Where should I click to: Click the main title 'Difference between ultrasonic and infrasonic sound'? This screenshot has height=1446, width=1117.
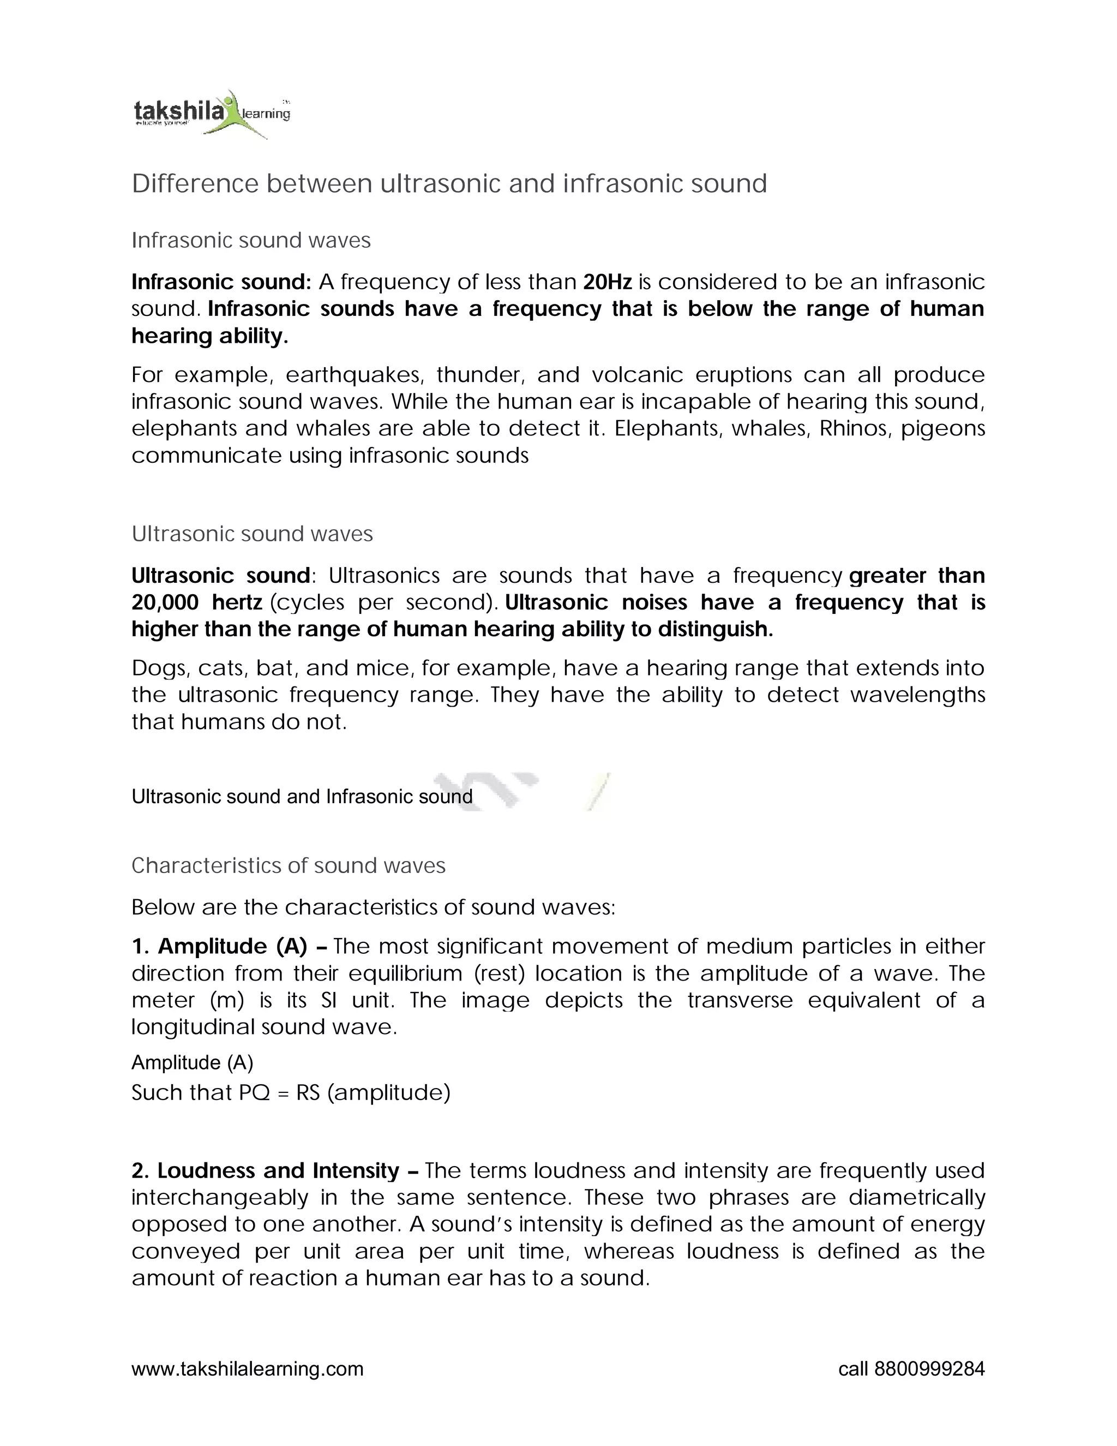(x=449, y=183)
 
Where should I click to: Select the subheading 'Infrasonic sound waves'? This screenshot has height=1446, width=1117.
(x=251, y=240)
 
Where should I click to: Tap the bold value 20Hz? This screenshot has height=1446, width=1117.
(x=607, y=282)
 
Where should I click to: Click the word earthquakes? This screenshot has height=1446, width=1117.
(x=353, y=375)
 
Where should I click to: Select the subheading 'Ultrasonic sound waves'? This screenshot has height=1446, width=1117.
(x=252, y=534)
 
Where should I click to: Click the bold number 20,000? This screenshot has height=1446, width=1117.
(x=165, y=602)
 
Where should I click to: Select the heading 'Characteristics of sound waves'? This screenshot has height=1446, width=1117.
(x=289, y=865)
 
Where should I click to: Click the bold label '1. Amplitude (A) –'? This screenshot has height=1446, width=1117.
(x=229, y=946)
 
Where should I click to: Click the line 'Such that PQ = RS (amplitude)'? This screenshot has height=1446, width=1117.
(x=291, y=1092)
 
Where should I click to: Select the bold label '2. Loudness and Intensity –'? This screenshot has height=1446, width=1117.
(x=275, y=1170)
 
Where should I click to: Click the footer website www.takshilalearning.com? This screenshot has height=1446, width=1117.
(x=248, y=1369)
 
